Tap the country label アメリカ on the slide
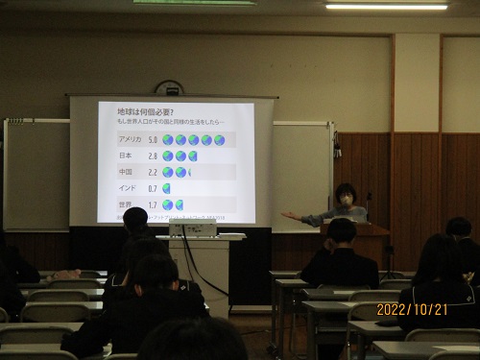pos(130,140)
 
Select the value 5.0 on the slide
pos(153,140)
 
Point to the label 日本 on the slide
pos(125,156)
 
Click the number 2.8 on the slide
pos(153,156)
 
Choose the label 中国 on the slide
pos(125,172)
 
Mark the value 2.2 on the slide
pos(153,172)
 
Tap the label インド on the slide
pos(126,188)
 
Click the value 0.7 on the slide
pos(153,188)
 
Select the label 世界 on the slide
pos(125,204)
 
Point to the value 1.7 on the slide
pos(153,204)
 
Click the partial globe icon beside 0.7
pos(168,188)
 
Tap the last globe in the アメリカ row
pos(219,140)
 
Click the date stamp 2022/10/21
pos(412,309)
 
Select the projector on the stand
pos(193,229)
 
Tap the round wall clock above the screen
pos(169,87)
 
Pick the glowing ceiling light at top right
pos(386,6)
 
